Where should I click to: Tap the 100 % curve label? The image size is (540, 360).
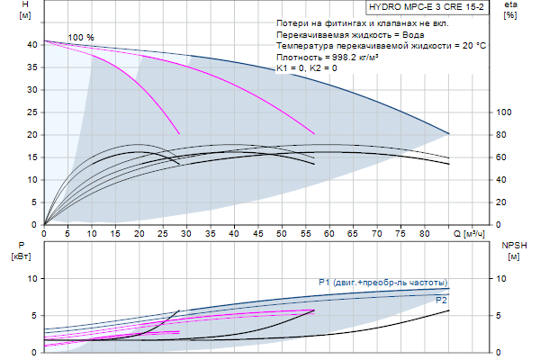81,37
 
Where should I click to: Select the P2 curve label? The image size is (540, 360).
441,299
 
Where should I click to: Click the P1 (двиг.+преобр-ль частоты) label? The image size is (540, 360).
382,283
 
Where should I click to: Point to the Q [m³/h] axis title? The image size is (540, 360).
473,234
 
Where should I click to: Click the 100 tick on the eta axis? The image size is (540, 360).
504,112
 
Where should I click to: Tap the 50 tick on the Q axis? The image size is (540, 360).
281,234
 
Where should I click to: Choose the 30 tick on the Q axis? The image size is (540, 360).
186,234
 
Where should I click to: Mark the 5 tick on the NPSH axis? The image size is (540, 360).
504,315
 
